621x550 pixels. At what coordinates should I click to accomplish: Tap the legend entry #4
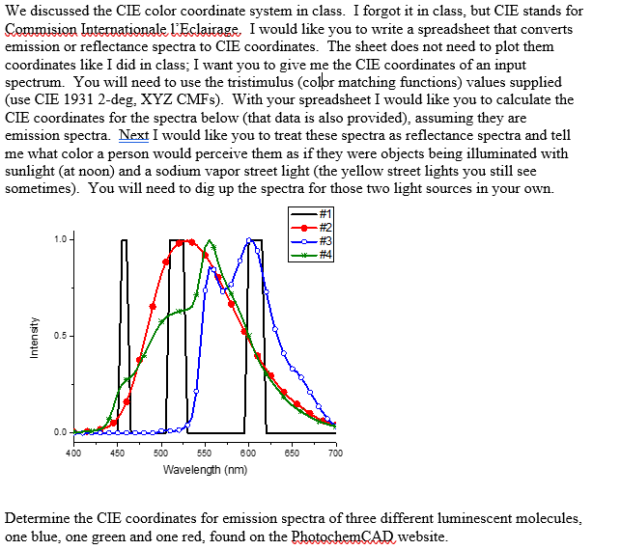click(311, 255)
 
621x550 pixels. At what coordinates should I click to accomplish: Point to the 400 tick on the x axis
click(73, 453)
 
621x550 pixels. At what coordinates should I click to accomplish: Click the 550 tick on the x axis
click(205, 453)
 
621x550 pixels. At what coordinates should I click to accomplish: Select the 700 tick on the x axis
click(335, 453)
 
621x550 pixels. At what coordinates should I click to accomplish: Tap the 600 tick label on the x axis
click(248, 453)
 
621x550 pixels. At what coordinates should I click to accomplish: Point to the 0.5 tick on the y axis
click(61, 336)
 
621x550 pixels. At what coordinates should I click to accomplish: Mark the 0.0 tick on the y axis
click(61, 431)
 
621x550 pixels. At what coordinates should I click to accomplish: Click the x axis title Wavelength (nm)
click(205, 470)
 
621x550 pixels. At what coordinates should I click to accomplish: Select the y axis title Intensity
click(35, 338)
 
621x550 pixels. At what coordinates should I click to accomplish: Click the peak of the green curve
click(211, 241)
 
